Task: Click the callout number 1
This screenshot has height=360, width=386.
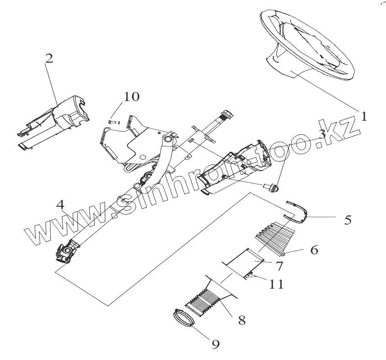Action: (x=364, y=117)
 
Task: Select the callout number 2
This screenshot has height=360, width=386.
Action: (x=49, y=59)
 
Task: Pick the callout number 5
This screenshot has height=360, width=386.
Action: (x=348, y=220)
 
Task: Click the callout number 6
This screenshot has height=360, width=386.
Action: (x=314, y=250)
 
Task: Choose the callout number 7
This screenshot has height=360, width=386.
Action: (x=278, y=266)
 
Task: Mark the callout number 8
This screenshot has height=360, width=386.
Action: (x=241, y=320)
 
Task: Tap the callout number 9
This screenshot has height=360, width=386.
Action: (x=216, y=343)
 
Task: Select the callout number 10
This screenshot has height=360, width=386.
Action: (x=131, y=97)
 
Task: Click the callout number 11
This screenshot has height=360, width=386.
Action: (x=277, y=284)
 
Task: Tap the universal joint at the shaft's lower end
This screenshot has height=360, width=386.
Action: (x=67, y=251)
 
